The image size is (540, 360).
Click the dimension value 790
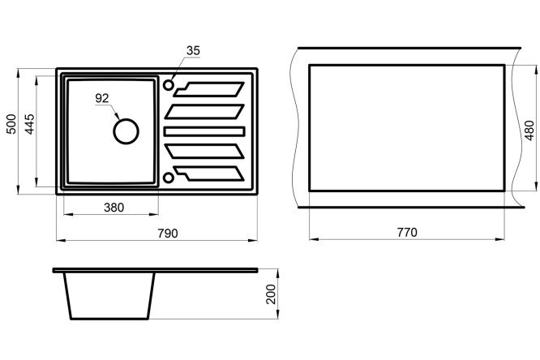click(x=168, y=234)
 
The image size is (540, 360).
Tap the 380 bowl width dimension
click(x=114, y=208)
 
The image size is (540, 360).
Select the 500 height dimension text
click(x=11, y=124)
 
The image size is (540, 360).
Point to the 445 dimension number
click(x=30, y=124)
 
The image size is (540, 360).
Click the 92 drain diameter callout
click(x=102, y=98)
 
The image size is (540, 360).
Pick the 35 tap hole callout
click(x=193, y=50)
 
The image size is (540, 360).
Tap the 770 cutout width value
click(x=407, y=232)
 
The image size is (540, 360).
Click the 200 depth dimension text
click(x=272, y=294)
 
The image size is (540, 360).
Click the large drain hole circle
click(x=126, y=131)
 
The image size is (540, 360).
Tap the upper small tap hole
click(x=169, y=85)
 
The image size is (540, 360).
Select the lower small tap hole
click(x=169, y=178)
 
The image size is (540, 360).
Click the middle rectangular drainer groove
click(x=204, y=131)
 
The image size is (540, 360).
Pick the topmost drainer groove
click(x=209, y=89)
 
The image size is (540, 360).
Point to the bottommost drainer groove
click(x=209, y=174)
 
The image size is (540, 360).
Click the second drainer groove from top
click(x=204, y=111)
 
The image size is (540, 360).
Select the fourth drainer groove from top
click(x=204, y=152)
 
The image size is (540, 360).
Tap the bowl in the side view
click(x=109, y=296)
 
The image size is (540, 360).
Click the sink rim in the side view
click(x=155, y=270)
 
